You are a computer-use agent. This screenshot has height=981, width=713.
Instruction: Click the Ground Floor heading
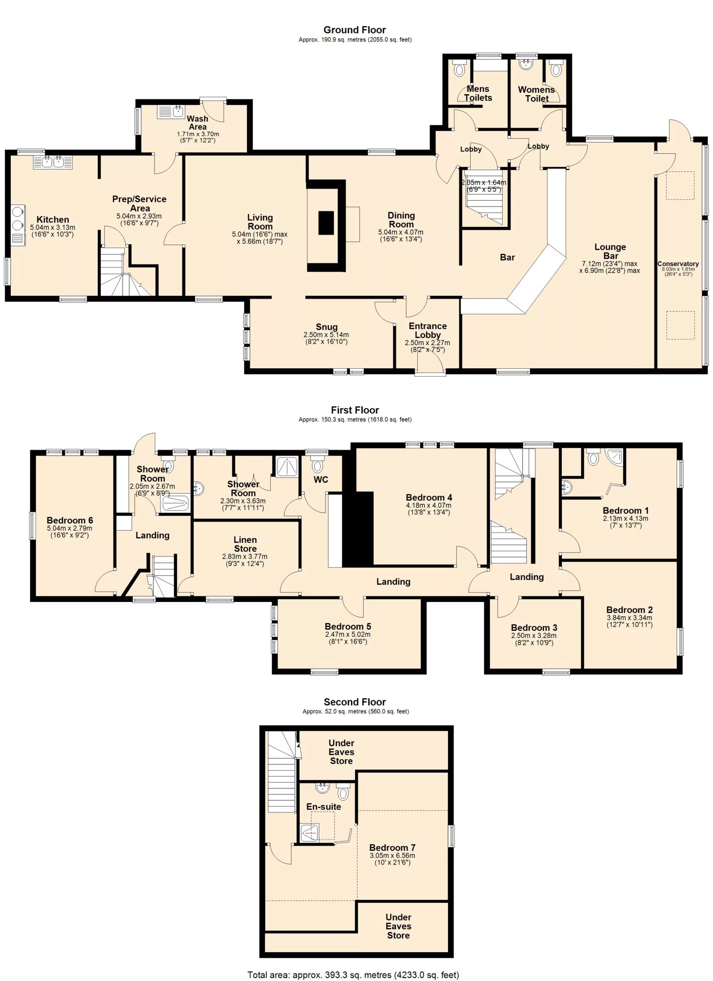tap(354, 30)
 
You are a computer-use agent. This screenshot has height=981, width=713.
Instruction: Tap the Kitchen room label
tap(53, 219)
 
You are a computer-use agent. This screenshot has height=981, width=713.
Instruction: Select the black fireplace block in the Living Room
tap(326, 223)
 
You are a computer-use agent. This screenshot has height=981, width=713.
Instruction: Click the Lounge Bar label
tap(610, 251)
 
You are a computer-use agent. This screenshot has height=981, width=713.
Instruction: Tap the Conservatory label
tap(678, 264)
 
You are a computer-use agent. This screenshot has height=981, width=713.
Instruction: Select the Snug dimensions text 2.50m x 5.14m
tap(326, 335)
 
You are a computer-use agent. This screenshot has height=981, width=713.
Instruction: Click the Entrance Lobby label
tap(428, 330)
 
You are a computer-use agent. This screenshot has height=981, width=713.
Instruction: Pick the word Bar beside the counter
tap(507, 258)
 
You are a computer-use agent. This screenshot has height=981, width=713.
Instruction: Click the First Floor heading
tap(355, 410)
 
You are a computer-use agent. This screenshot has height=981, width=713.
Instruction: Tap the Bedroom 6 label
tap(70, 520)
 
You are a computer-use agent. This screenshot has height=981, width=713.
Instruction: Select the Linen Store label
tap(245, 544)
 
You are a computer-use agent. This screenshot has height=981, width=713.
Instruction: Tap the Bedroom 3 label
tap(534, 628)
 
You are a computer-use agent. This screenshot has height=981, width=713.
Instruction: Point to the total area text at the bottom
tap(353, 974)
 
